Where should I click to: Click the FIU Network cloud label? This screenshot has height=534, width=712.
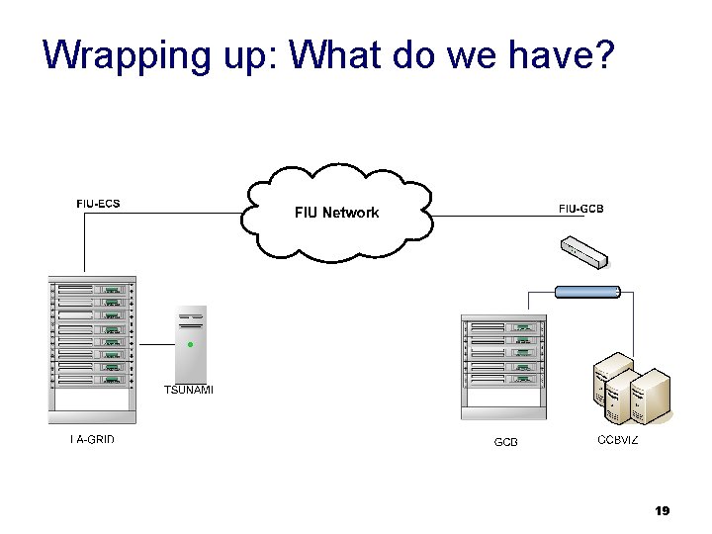(x=336, y=213)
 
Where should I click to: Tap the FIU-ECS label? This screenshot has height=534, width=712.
(x=98, y=205)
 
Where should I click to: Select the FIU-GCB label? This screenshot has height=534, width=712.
(x=580, y=209)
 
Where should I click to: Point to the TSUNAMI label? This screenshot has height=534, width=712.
(x=188, y=390)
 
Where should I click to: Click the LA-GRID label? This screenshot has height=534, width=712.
(x=92, y=439)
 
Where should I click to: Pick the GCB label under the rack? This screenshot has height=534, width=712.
(x=505, y=442)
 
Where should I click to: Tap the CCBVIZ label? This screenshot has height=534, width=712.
(x=618, y=439)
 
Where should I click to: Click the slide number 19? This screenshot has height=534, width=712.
(x=663, y=511)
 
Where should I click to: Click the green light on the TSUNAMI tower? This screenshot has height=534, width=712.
(x=191, y=345)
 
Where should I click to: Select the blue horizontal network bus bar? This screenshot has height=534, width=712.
(x=586, y=291)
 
